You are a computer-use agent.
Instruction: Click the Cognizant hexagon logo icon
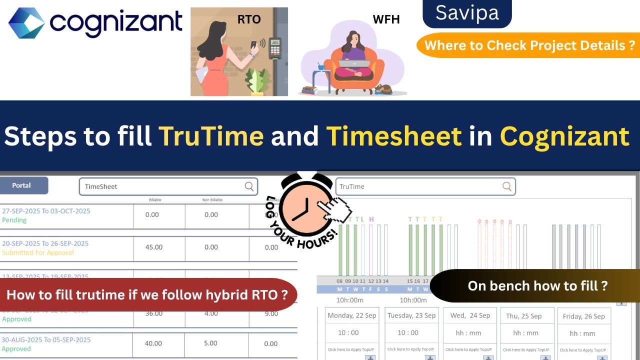click(26, 22)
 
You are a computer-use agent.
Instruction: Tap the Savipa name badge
click(467, 13)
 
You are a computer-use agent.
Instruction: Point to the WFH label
click(386, 20)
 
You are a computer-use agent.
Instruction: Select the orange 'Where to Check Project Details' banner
click(529, 45)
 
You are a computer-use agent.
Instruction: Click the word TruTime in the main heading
click(211, 135)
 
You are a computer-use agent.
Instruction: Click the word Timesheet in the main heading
click(394, 135)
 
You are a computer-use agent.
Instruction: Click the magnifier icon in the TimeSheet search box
click(249, 186)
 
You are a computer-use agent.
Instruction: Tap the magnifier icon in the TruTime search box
click(506, 186)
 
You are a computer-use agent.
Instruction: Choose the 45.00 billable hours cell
click(153, 247)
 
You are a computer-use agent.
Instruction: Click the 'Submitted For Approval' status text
click(38, 252)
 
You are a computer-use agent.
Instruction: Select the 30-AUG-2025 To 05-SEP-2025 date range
click(46, 340)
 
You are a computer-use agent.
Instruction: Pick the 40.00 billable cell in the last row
click(153, 343)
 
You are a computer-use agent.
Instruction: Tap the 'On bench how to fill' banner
click(537, 286)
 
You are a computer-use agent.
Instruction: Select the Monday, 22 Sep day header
click(351, 315)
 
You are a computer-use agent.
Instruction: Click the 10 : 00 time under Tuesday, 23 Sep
click(408, 332)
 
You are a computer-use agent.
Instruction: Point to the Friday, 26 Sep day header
click(583, 316)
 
